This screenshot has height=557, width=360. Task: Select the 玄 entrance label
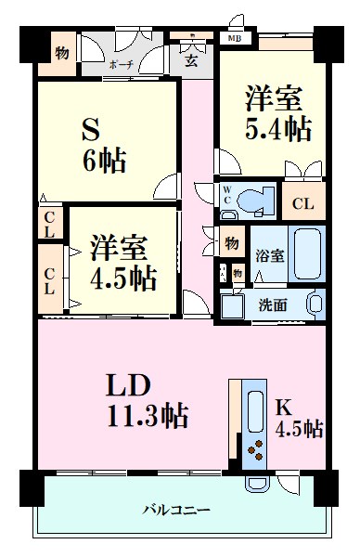pyautogui.click(x=189, y=62)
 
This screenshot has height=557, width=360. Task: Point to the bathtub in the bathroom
pyautogui.click(x=305, y=254)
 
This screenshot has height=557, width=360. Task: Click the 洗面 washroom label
pyautogui.click(x=273, y=304)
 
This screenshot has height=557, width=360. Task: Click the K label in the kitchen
pyautogui.click(x=283, y=405)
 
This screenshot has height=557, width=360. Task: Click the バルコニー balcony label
pyautogui.click(x=176, y=510)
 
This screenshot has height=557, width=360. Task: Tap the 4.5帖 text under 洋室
pyautogui.click(x=124, y=277)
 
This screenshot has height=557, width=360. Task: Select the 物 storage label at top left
pyautogui.click(x=60, y=53)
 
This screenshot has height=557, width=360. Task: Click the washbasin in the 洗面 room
pyautogui.click(x=314, y=303)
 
